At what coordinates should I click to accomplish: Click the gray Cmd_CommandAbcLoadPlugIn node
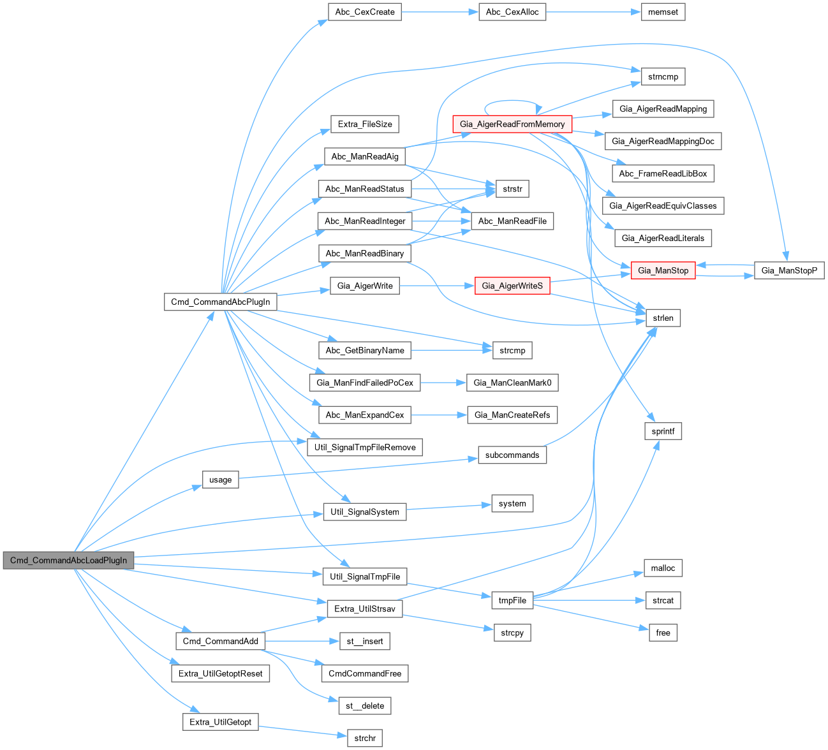pos(68,561)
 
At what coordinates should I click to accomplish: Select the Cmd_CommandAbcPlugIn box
pos(220,302)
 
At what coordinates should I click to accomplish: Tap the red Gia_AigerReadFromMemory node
pos(512,124)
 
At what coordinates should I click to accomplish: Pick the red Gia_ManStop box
pos(663,270)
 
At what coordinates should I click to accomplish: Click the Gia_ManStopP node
pos(789,270)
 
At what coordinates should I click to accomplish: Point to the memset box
pos(663,12)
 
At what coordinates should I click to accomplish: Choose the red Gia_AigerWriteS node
pos(512,286)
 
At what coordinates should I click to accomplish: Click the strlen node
pos(663,318)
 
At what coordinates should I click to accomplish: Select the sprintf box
pos(663,431)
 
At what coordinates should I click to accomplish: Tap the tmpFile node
pos(512,600)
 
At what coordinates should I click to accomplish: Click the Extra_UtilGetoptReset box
pos(220,673)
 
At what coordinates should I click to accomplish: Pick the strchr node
pos(365,738)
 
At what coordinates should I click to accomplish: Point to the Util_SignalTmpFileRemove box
pos(365,447)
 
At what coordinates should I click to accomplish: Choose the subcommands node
pos(512,455)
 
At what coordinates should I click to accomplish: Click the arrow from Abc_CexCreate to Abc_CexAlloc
pos(440,12)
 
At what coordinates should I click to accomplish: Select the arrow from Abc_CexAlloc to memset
pos(593,12)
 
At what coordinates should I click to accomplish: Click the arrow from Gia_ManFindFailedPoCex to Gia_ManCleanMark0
pos(443,383)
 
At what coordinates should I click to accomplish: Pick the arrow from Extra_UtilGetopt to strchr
pos(302,730)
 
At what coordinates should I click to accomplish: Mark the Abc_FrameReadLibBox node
pos(663,173)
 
